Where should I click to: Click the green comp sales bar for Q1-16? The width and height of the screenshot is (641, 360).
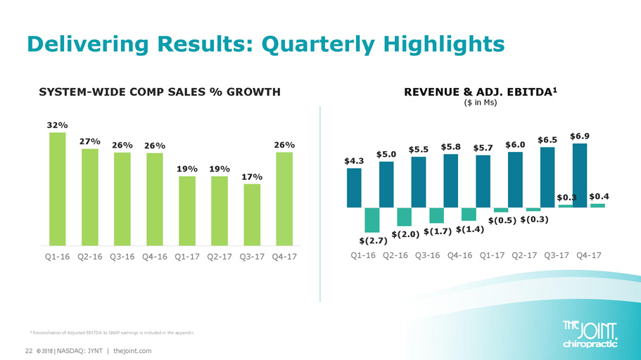click(58, 188)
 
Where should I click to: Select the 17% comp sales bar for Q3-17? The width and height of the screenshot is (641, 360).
click(251, 214)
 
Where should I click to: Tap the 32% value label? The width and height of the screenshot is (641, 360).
click(58, 124)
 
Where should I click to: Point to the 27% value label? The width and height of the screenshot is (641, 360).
click(89, 141)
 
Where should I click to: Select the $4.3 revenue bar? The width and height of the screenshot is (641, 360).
click(354, 188)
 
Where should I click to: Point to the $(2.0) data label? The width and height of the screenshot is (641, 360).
click(405, 234)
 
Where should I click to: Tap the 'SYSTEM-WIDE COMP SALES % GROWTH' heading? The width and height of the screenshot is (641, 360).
click(159, 92)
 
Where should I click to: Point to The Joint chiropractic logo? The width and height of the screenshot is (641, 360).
click(591, 334)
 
